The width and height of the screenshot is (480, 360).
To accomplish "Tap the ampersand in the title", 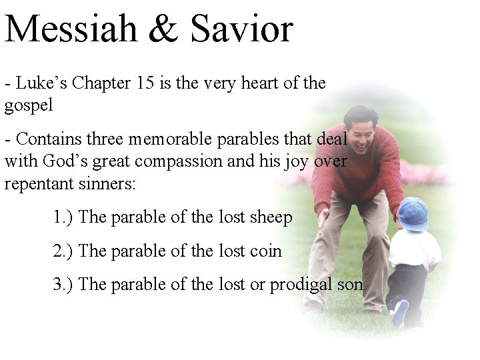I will pos(174,30).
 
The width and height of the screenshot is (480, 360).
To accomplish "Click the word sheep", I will pos(270,219).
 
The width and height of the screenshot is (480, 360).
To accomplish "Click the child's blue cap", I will pos(413,213).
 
